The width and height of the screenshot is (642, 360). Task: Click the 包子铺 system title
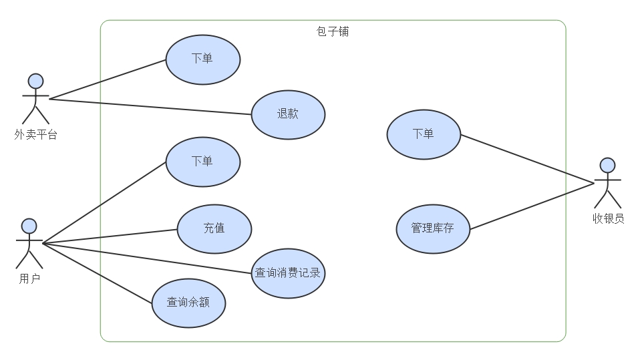coord(332,31)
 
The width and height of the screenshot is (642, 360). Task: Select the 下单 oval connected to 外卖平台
coord(202,59)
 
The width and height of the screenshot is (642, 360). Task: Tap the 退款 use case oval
coord(288,114)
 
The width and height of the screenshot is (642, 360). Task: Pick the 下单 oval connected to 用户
coord(202,162)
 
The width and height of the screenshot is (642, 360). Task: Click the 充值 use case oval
coord(214,228)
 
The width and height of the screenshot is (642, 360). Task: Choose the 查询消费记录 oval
coord(288,273)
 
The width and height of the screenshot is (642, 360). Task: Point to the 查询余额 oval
coord(188,303)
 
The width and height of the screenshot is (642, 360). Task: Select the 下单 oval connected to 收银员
coord(424,134)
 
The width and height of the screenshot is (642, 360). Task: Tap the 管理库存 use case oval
coord(433,228)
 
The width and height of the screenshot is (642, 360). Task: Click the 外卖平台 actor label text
coord(35,135)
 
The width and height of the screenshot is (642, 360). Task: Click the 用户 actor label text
coord(29,279)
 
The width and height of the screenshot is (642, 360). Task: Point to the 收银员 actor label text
coord(608,218)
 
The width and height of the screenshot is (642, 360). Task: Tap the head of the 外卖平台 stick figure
coord(35,81)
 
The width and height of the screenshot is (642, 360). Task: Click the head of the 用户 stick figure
coord(29,225)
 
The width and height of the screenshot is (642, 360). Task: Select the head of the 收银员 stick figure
coord(607,165)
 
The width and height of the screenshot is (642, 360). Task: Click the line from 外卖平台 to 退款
coord(150,106)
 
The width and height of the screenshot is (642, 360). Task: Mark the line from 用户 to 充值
coord(110,236)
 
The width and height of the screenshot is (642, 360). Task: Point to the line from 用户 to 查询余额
coord(97,273)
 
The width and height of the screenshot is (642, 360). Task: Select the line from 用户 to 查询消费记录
coord(147,258)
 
